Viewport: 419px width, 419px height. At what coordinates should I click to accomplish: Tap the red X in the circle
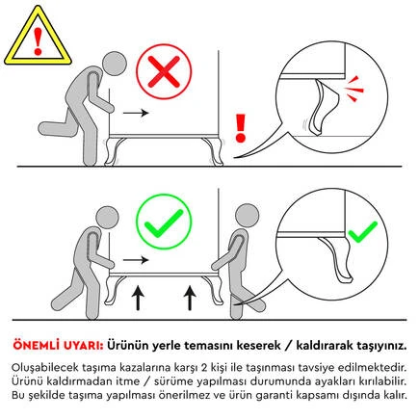click(x=164, y=72)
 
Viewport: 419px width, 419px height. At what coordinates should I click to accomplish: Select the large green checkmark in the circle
click(x=164, y=223)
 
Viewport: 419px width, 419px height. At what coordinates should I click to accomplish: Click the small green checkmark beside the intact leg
click(x=362, y=232)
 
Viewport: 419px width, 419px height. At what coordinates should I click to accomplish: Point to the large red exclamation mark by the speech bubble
click(x=240, y=128)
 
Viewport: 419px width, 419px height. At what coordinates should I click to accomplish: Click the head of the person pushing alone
click(x=115, y=64)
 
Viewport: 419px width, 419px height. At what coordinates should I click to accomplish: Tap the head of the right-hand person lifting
click(x=247, y=216)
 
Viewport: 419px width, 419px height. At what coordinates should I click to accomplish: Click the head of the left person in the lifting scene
click(x=107, y=217)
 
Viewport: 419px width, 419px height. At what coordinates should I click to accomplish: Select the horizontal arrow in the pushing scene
click(x=136, y=113)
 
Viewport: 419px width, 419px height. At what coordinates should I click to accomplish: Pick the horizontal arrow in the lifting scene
click(x=136, y=260)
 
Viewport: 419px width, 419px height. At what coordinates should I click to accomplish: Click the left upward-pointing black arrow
click(x=138, y=299)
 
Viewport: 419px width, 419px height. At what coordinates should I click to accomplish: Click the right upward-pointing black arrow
click(x=190, y=299)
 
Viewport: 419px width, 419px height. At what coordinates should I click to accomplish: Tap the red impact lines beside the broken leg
click(x=354, y=90)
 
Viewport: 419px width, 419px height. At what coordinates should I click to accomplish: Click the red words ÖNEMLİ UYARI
click(x=58, y=346)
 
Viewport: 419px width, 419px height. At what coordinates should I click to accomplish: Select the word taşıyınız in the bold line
click(x=382, y=346)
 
